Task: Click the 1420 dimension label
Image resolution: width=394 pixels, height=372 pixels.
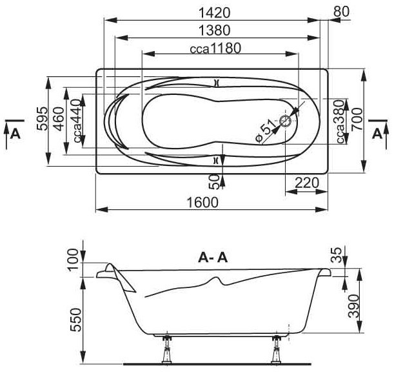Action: (x=214, y=13)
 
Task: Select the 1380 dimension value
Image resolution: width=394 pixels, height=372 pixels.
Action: (x=214, y=30)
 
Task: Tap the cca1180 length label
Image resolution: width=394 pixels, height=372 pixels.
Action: (x=215, y=48)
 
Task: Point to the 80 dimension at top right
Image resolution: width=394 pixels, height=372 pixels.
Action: (x=342, y=12)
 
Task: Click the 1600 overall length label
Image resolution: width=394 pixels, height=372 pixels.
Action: (x=203, y=202)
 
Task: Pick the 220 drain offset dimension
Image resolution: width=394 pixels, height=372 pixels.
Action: (x=306, y=183)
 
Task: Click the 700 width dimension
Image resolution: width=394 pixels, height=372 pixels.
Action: (x=357, y=119)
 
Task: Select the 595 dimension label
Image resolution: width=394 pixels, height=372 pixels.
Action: (x=42, y=119)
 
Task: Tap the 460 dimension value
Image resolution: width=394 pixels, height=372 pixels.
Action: (x=59, y=119)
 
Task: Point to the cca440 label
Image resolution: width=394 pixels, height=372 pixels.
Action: (x=77, y=121)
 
